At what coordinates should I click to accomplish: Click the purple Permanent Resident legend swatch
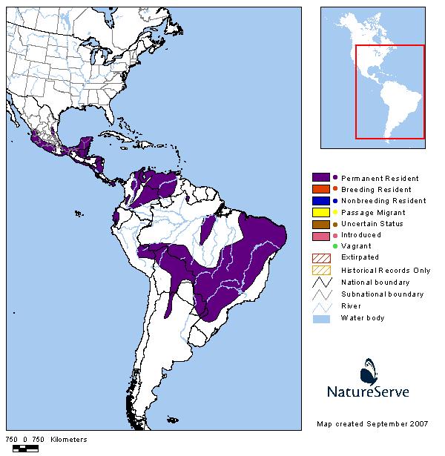click(320, 178)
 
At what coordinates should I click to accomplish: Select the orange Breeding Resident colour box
click(320, 189)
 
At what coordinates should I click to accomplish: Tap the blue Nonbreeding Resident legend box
click(320, 200)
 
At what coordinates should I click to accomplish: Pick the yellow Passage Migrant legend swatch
click(320, 212)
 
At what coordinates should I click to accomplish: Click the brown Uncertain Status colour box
click(320, 223)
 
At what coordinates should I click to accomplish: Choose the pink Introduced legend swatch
click(320, 235)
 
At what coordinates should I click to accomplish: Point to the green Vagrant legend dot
click(335, 246)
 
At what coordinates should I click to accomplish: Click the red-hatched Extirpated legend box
click(320, 257)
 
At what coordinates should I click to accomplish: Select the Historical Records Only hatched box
click(320, 269)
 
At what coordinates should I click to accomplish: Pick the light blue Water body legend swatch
click(320, 318)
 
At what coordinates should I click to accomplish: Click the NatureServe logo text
click(369, 391)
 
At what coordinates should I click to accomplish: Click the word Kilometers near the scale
click(68, 440)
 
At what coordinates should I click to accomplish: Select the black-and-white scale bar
click(27, 448)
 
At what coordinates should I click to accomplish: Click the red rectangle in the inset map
click(389, 92)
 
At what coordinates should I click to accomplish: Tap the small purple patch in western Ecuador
click(116, 217)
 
